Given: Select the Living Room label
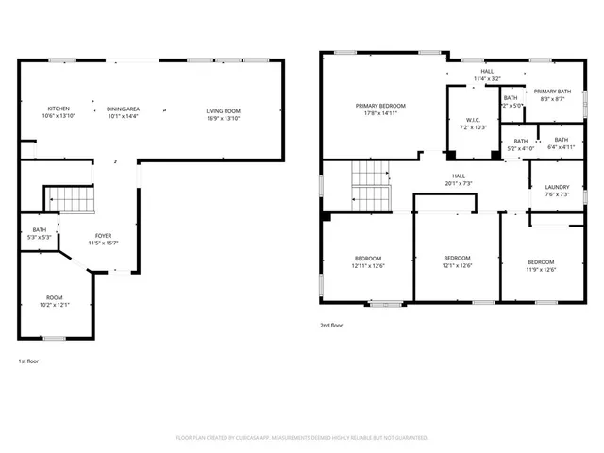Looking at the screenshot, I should click(224, 112).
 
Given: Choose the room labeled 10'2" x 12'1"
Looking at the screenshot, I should click(55, 301).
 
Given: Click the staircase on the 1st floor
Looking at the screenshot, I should click(72, 200).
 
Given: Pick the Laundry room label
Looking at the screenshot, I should click(557, 190).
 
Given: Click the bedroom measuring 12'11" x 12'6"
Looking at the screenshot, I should click(368, 261).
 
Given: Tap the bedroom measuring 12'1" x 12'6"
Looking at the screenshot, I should click(457, 260).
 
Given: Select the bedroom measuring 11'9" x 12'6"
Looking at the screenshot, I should click(541, 265).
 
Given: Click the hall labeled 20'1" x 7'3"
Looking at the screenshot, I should click(459, 179).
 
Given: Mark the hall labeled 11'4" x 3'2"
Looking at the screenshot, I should click(487, 75).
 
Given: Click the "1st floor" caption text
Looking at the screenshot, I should click(29, 361).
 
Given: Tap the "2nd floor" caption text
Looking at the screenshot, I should click(330, 325).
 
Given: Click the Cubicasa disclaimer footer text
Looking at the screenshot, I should click(302, 438).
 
